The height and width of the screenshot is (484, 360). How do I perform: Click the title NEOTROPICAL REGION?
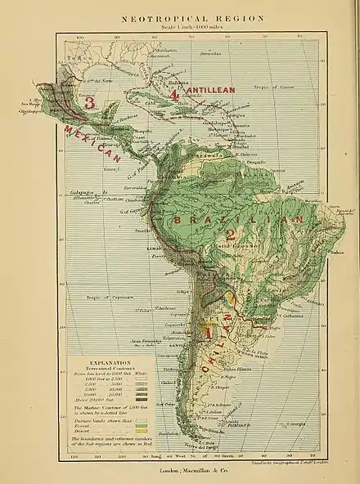point(180,16)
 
